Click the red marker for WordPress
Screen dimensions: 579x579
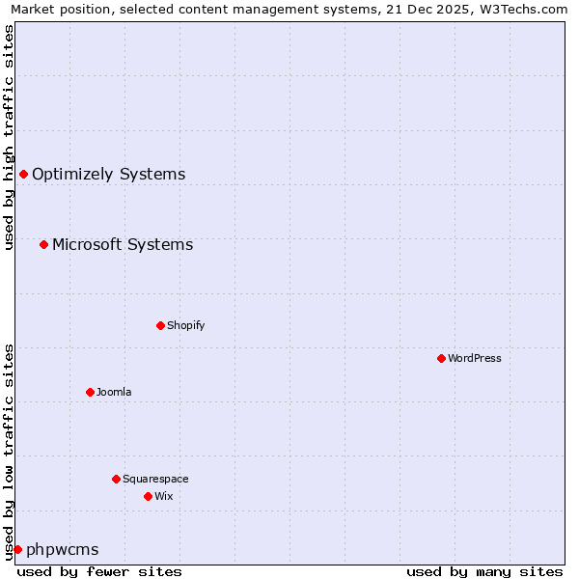(x=441, y=358)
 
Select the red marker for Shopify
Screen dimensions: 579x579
(x=160, y=325)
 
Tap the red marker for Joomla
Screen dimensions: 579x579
(x=90, y=392)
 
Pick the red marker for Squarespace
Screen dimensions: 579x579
(x=116, y=479)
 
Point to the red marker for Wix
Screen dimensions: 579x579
(x=148, y=496)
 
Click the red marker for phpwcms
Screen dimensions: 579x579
(x=17, y=549)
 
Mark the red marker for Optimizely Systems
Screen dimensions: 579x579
(x=23, y=174)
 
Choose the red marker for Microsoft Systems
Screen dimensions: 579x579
(x=43, y=244)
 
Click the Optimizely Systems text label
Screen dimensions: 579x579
(x=108, y=175)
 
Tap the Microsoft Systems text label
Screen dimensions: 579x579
(x=123, y=245)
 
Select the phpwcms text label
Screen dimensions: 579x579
(x=62, y=550)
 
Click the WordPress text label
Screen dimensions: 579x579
(x=474, y=358)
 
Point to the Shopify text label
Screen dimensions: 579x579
(x=185, y=325)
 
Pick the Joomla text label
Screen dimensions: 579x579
(x=114, y=392)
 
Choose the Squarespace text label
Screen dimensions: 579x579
(x=155, y=479)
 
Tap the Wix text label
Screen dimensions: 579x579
(x=163, y=496)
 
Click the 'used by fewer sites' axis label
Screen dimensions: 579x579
(x=99, y=571)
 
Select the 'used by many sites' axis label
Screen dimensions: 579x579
(x=484, y=571)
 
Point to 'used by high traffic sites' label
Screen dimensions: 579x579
(x=10, y=137)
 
